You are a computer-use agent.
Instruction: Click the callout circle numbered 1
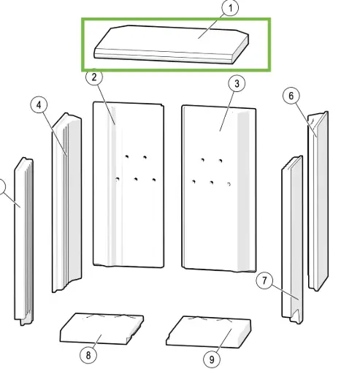[x=229, y=9]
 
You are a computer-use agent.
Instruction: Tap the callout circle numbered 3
[x=236, y=84]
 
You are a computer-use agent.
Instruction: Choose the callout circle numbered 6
[x=291, y=96]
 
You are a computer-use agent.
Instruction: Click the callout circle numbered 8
[x=88, y=356]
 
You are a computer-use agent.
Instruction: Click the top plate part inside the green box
[x=168, y=45]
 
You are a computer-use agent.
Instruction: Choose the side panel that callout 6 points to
[x=319, y=197]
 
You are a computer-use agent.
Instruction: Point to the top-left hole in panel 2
[x=126, y=156]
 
